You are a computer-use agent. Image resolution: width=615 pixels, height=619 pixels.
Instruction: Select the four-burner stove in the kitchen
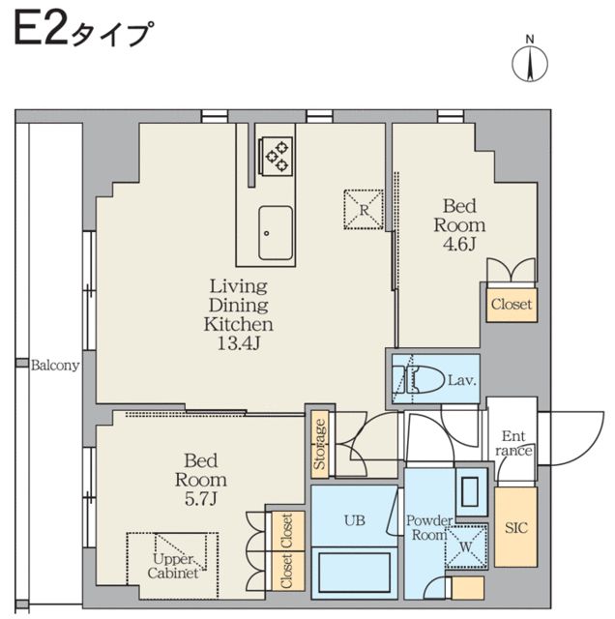(x=277, y=155)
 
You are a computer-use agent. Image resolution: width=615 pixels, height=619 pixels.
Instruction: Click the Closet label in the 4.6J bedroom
(x=512, y=304)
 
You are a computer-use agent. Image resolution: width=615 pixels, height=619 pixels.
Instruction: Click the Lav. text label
(x=461, y=380)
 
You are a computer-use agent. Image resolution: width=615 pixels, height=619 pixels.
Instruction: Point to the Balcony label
(x=55, y=366)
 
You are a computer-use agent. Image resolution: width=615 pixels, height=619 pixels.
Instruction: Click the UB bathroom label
(x=354, y=519)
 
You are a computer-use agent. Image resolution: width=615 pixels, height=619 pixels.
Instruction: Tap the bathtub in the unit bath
(x=354, y=575)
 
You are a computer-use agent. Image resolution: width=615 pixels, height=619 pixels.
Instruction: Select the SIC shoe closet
(x=515, y=529)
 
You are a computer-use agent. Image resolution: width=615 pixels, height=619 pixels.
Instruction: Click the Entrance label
(x=512, y=443)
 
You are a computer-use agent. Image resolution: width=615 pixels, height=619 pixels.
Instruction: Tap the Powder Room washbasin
(x=473, y=491)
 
